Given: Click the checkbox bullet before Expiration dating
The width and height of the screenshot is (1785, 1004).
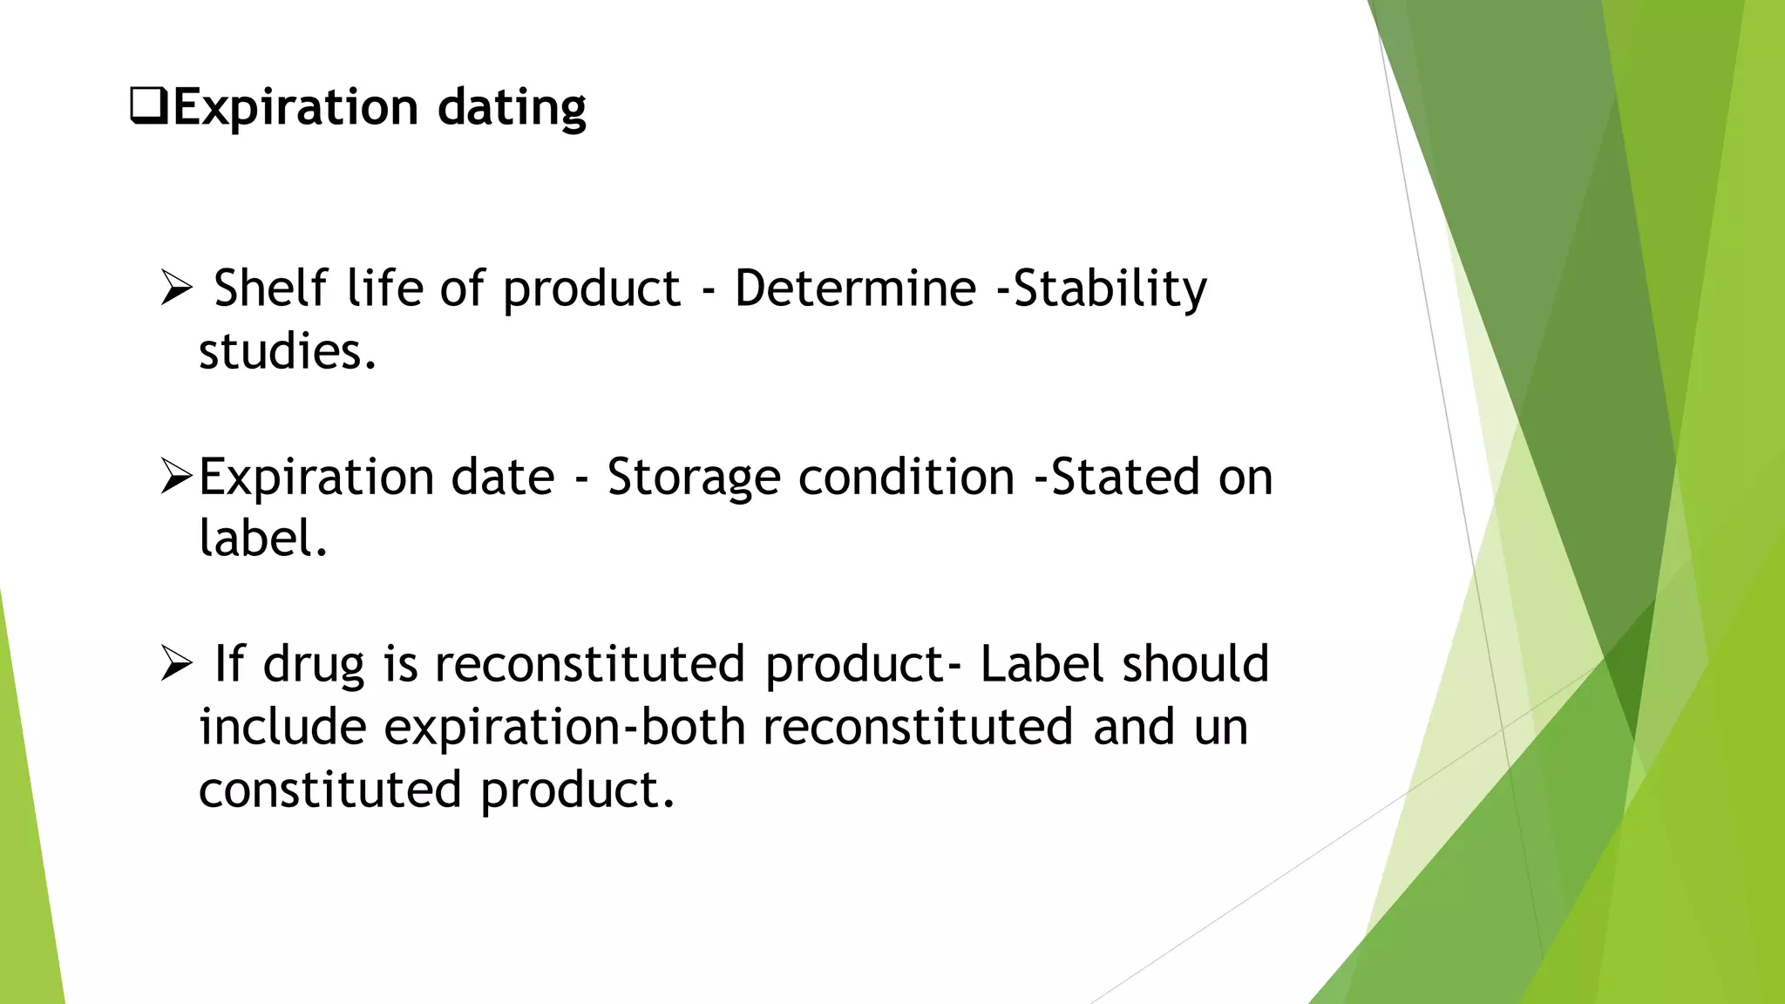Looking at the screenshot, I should [x=148, y=106].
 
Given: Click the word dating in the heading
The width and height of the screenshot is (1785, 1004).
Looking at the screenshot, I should [x=512, y=108].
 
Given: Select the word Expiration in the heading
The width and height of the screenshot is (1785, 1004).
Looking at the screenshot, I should [x=295, y=108].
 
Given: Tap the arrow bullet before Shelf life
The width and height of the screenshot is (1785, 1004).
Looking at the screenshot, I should [x=176, y=288].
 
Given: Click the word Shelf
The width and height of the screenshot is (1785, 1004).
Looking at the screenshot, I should [x=270, y=288].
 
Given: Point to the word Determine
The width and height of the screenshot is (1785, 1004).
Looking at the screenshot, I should [x=855, y=288].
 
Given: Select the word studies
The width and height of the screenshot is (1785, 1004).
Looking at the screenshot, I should [x=287, y=352].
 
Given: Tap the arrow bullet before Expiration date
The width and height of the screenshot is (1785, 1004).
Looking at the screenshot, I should [x=176, y=477].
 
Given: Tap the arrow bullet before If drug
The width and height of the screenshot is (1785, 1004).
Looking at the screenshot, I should [x=176, y=665].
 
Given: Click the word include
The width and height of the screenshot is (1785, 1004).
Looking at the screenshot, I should [x=282, y=727].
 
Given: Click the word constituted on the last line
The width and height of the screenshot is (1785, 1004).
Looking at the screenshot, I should [x=329, y=790].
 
